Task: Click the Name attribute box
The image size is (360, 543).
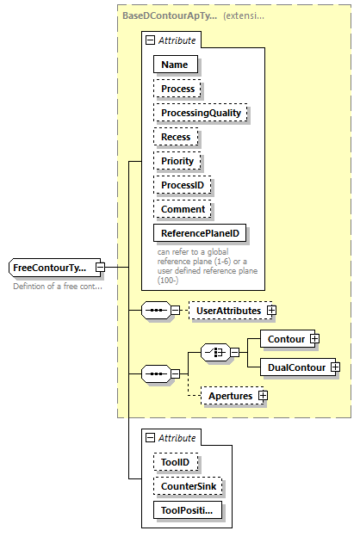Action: (176, 64)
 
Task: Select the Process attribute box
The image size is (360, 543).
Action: (178, 88)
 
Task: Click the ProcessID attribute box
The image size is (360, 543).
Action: (183, 185)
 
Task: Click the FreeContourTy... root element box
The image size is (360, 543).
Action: (51, 268)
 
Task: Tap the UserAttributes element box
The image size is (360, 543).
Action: (228, 310)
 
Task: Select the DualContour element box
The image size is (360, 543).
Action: (295, 367)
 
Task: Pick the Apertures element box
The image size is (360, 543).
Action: (228, 396)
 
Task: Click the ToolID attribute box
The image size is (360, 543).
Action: (177, 462)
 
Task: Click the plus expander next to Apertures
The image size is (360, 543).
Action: (264, 396)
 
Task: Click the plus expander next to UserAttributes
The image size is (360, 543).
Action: (272, 310)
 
